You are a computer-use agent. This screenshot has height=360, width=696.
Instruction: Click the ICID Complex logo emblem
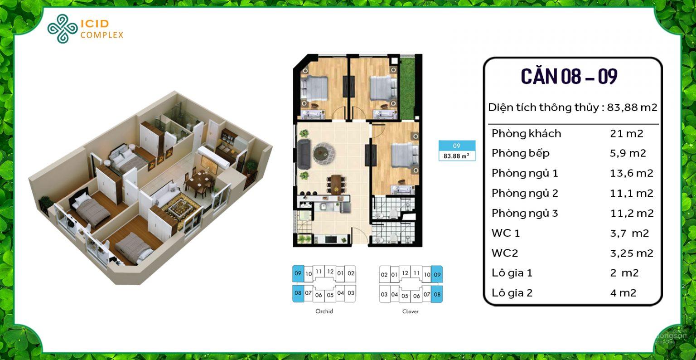63,29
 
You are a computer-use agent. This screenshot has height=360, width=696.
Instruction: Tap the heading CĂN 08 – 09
569,76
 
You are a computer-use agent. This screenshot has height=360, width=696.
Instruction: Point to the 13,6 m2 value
632,173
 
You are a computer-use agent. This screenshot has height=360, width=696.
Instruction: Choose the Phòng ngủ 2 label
525,193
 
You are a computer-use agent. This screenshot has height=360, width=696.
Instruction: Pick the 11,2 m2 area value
632,213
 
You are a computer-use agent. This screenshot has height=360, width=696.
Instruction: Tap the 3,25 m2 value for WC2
632,253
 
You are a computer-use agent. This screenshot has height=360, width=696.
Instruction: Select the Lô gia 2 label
512,293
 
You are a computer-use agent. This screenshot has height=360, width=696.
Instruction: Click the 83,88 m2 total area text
632,107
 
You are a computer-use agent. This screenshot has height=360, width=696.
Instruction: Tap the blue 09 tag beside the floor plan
457,146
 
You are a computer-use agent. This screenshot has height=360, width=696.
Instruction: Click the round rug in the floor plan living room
324,152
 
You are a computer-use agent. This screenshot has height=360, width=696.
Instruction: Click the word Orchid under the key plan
324,311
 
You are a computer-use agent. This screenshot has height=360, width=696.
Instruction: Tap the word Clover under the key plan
410,311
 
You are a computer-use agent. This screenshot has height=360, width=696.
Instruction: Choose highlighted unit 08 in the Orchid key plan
298,293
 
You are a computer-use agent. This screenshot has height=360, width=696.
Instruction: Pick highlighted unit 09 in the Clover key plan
437,274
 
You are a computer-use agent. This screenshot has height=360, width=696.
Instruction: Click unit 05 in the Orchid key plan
330,295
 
